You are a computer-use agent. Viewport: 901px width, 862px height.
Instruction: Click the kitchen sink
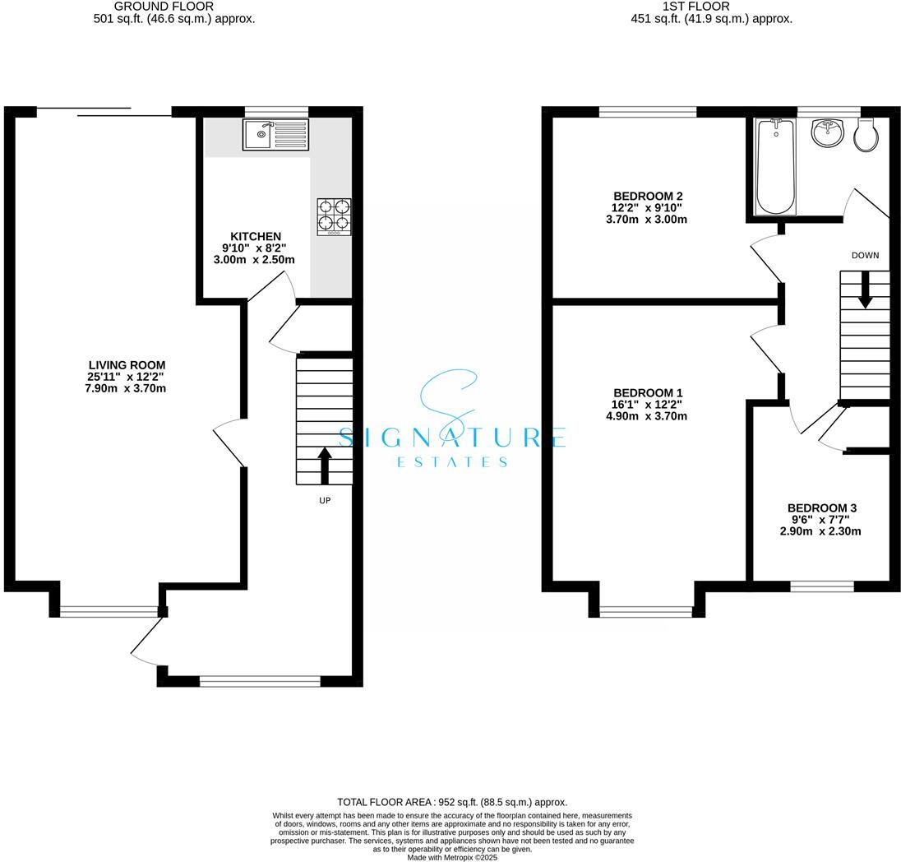[275, 134]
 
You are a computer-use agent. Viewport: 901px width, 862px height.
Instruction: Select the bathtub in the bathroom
[775, 166]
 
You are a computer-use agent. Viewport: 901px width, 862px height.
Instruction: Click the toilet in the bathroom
[866, 136]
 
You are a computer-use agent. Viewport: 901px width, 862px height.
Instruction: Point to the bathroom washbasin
[827, 133]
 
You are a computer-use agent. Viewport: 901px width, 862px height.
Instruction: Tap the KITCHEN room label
[255, 237]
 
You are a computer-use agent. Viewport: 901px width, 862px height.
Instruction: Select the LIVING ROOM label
[127, 365]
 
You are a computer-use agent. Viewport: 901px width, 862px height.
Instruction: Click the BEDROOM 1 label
[648, 393]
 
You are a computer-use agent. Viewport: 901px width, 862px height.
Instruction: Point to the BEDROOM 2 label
[648, 196]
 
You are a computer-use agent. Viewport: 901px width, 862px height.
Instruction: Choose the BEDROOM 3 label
[821, 508]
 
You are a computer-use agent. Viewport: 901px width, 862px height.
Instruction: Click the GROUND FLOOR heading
[174, 7]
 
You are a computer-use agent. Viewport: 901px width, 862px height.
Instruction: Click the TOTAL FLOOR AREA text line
[452, 802]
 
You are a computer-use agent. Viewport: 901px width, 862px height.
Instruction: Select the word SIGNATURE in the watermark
[451, 437]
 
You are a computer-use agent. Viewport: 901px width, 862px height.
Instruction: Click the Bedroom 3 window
[821, 586]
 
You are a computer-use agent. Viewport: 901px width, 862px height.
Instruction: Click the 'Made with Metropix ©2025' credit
[452, 857]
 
